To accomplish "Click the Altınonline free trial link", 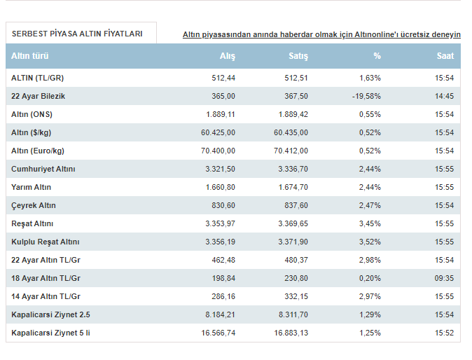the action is (321, 34).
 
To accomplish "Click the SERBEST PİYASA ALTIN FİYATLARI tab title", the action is (77, 34).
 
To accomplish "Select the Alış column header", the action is (228, 56).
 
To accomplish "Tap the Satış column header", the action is (298, 56).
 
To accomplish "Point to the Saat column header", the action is (445, 56).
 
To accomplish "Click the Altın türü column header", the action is (30, 56).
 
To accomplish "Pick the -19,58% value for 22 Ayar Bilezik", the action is (366, 97).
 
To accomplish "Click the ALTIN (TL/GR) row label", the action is (38, 78).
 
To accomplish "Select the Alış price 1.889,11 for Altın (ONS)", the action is (221, 114).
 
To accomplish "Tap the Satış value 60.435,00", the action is (291, 133).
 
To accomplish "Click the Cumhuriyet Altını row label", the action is (43, 169).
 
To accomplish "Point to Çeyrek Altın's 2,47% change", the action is (370, 206).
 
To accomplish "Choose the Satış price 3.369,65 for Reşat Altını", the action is (293, 223).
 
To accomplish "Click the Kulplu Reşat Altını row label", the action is (46, 242).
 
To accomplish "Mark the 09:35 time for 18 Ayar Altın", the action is (444, 279).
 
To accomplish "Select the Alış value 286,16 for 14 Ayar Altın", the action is (223, 296).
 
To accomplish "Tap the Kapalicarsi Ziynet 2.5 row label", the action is (50, 315).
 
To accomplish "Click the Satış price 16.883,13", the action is (291, 333).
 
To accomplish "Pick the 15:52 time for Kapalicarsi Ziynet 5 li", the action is (444, 333).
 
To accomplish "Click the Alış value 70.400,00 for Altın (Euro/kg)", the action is (218, 151).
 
